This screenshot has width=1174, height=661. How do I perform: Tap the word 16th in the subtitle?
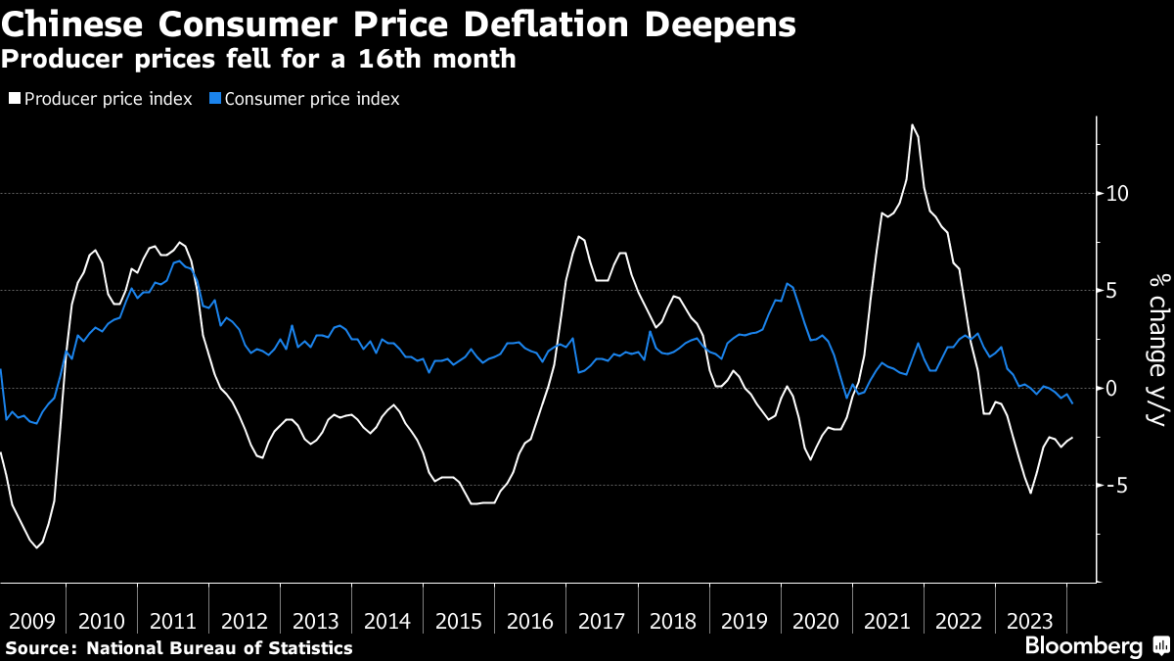[x=384, y=60]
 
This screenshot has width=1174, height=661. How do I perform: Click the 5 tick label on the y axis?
[x=1110, y=291]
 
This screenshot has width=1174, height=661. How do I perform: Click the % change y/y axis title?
[x=1156, y=350]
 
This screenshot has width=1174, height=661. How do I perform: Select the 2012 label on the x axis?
[x=245, y=621]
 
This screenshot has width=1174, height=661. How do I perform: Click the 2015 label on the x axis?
[x=459, y=621]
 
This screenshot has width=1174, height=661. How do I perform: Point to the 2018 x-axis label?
[x=673, y=621]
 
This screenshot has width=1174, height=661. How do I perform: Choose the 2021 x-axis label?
[x=888, y=621]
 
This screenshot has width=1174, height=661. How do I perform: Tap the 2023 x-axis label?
[x=1031, y=621]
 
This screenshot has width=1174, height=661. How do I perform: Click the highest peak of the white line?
[x=912, y=125]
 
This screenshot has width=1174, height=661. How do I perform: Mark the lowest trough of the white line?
[x=37, y=547]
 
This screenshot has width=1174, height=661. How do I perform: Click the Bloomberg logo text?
[x=1083, y=646]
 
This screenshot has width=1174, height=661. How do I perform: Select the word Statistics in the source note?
[x=307, y=648]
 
